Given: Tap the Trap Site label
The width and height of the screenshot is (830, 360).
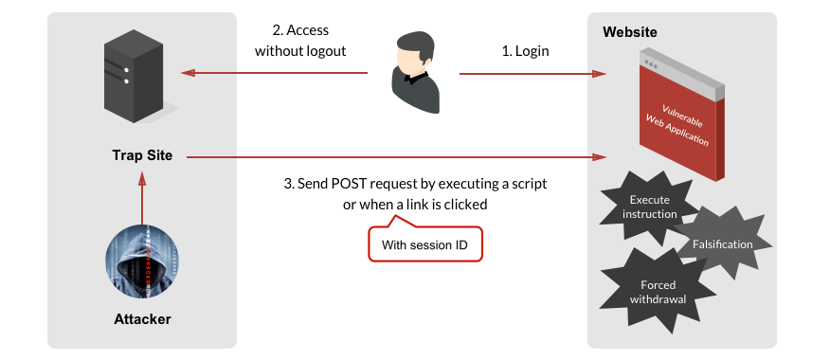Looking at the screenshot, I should (142, 155).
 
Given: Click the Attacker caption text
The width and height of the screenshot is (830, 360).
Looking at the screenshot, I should (142, 319).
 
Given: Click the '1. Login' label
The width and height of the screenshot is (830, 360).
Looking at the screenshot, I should (525, 51).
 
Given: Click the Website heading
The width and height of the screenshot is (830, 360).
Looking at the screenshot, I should (630, 32).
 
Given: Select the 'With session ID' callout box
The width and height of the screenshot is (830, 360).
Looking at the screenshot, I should (424, 245).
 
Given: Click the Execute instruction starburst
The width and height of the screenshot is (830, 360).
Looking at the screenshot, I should (649, 207).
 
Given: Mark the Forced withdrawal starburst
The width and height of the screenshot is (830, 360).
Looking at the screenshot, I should (658, 292).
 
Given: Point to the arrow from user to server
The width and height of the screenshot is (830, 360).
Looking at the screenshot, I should (275, 72).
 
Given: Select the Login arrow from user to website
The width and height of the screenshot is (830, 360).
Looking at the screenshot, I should (531, 72).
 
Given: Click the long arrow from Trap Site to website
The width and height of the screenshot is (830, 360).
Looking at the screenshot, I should (398, 156).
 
